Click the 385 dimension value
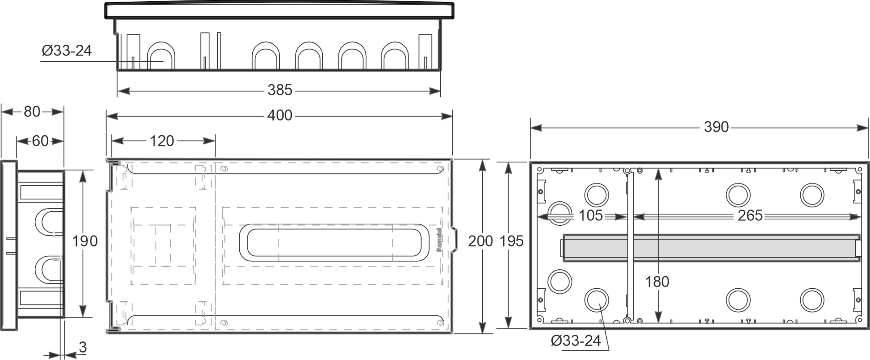(x=280, y=90)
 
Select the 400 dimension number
(x=280, y=116)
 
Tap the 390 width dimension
(x=716, y=127)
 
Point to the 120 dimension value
(x=162, y=141)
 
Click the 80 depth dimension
(x=32, y=112)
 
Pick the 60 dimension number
(x=40, y=141)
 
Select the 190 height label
(x=84, y=241)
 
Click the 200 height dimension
(x=480, y=241)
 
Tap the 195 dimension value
(x=511, y=241)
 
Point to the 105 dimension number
(x=590, y=216)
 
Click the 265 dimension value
(x=750, y=216)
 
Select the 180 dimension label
(x=657, y=282)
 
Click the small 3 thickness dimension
(x=83, y=347)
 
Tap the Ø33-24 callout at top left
(x=67, y=51)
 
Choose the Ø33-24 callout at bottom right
(x=576, y=340)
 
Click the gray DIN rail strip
(x=709, y=248)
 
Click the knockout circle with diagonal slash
(x=559, y=213)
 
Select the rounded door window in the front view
(x=334, y=243)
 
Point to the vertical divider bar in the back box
(x=630, y=246)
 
